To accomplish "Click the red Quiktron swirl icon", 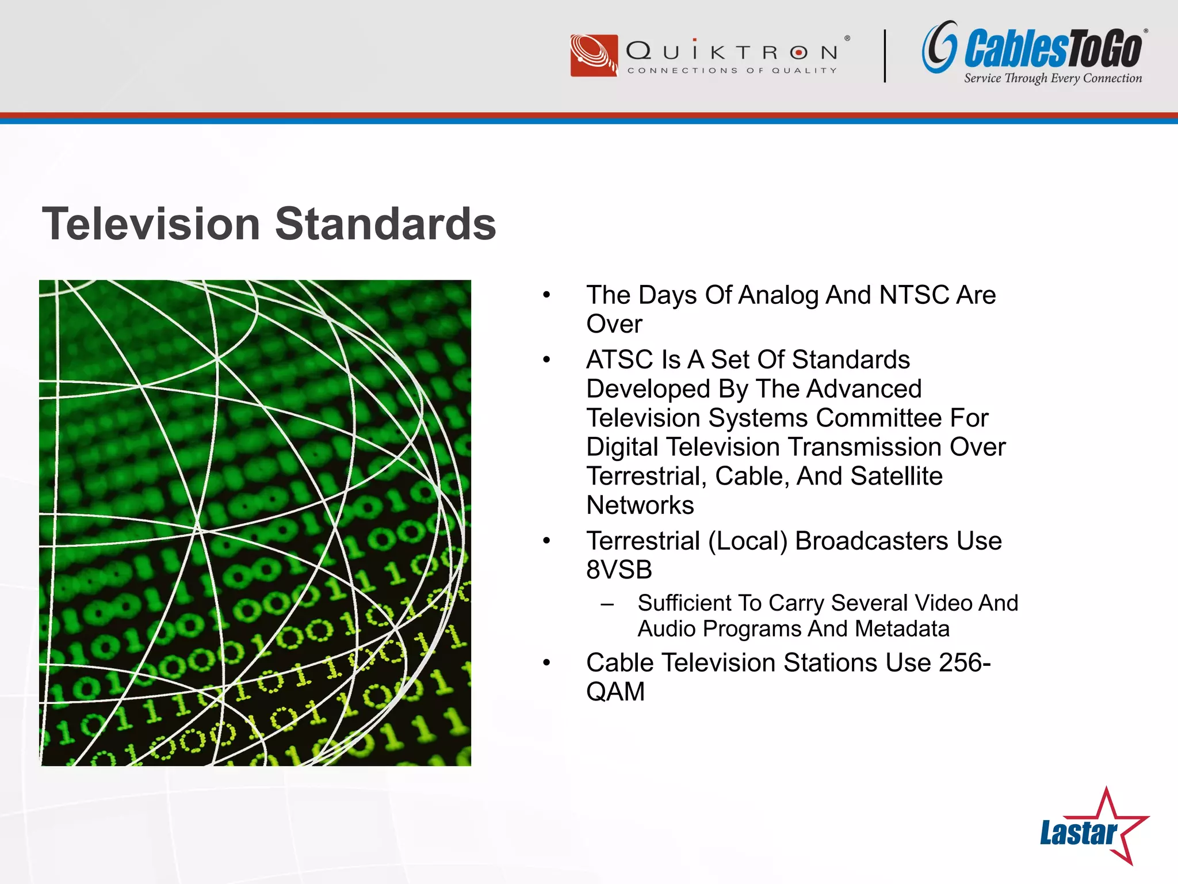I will (x=594, y=56).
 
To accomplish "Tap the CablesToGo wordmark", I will (x=1053, y=49).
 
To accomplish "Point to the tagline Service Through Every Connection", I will (x=1053, y=78).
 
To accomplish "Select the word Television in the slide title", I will (x=151, y=224).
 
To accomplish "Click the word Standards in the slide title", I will (x=385, y=224).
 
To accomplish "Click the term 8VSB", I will (x=619, y=570).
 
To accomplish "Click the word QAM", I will (x=615, y=692).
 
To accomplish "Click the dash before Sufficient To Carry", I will (x=607, y=604).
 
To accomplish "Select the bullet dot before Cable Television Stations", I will (x=546, y=663).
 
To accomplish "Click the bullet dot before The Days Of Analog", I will (x=546, y=295).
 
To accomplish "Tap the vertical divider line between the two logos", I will (x=885, y=56).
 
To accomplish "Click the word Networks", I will (x=640, y=505).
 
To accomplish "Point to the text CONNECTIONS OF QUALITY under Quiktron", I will (x=732, y=71).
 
